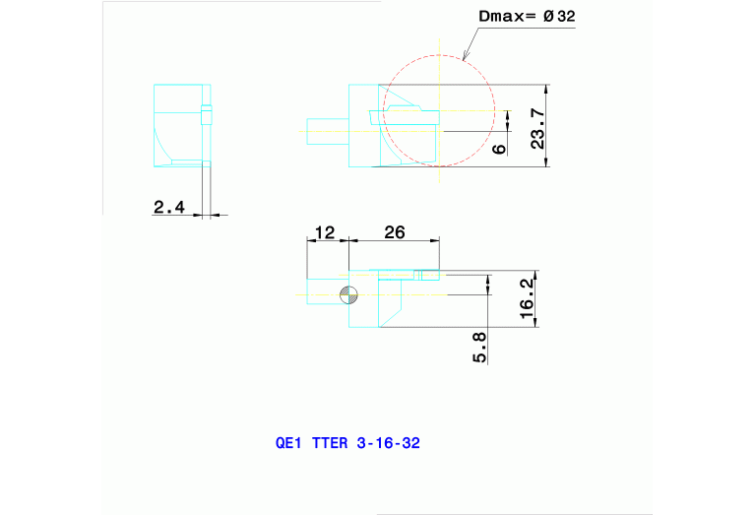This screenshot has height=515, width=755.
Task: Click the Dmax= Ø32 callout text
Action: click(527, 17)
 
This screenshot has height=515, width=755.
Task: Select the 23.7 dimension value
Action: click(538, 128)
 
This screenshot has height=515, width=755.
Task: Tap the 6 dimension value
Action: click(499, 148)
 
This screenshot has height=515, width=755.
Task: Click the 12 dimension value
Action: click(324, 232)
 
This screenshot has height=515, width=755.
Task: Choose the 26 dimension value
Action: click(394, 232)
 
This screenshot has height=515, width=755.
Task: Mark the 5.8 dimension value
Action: click(480, 347)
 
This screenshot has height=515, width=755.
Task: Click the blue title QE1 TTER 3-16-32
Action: click(347, 443)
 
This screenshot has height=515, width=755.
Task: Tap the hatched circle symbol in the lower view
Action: click(348, 294)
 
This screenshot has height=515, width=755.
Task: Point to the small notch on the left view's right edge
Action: click(206, 115)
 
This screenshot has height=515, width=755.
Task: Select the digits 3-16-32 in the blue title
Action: click(389, 443)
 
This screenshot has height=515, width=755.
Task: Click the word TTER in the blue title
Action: click(329, 443)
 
